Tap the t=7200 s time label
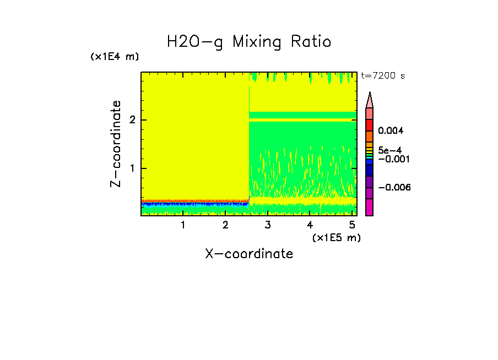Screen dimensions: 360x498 (x=382, y=76)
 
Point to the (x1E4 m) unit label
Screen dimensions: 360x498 (x=115, y=57)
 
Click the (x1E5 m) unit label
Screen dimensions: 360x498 (x=336, y=237)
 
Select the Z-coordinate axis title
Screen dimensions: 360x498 (x=116, y=143)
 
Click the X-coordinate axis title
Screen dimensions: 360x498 (x=249, y=254)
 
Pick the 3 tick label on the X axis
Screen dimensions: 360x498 (x=267, y=225)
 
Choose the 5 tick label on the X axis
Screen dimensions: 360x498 (x=352, y=225)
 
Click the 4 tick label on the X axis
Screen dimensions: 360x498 (x=310, y=225)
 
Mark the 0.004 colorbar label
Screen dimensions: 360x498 (x=391, y=131)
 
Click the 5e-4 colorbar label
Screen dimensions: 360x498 (x=389, y=150)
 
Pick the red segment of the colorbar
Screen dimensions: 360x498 (x=370, y=125)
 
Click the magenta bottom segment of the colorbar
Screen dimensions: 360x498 (x=370, y=207)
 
